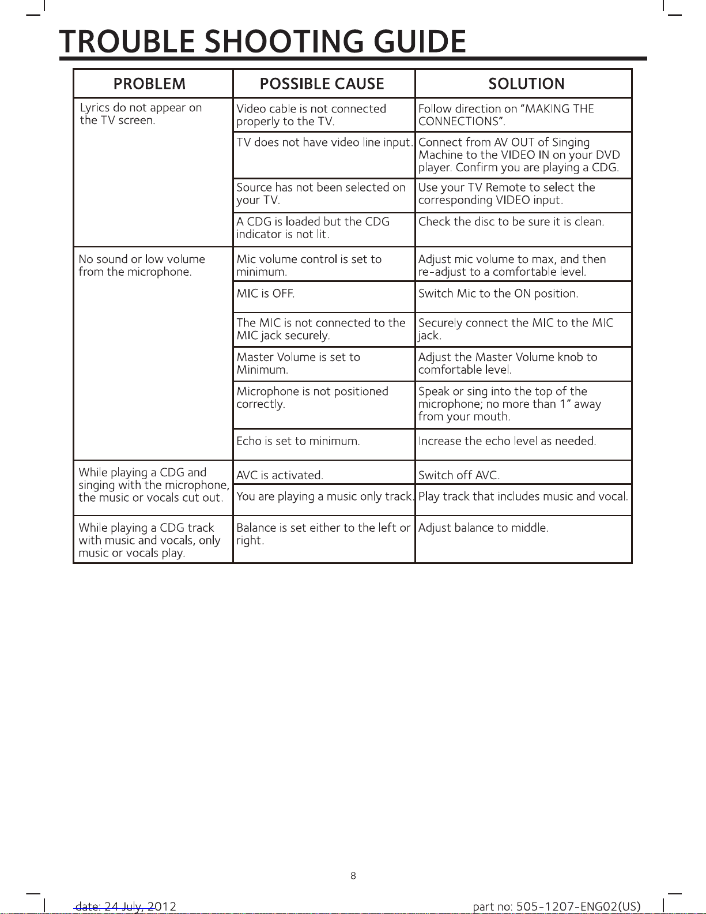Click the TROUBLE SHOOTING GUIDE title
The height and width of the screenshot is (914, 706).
point(263,42)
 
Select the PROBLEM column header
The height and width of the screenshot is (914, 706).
point(149,84)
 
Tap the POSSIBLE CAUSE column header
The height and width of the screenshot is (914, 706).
point(322,84)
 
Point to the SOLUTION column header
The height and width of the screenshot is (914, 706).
point(526,84)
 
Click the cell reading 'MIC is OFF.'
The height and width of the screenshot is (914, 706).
point(265,294)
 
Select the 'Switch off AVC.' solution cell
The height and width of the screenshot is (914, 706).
point(459,475)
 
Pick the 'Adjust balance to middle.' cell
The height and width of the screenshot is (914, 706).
point(483,528)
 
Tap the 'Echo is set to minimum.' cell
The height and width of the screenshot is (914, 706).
point(298,441)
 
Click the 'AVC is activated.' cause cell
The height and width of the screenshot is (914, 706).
point(280,475)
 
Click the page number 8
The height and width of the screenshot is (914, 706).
point(353,875)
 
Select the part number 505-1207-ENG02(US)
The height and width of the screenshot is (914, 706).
point(556,907)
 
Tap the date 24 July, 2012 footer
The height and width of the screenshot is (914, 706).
point(126,907)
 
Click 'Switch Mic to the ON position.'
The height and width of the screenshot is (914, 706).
point(498,294)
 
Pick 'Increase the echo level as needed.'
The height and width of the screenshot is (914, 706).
point(507,441)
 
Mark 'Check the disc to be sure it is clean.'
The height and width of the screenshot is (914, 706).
point(511,221)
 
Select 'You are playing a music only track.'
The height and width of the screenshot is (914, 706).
point(325,497)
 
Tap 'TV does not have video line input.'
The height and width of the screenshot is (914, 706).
point(324,142)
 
